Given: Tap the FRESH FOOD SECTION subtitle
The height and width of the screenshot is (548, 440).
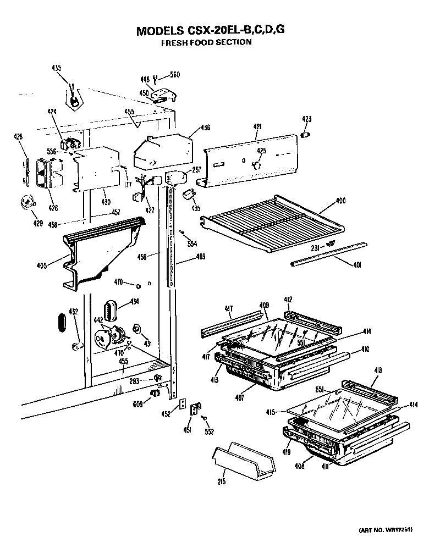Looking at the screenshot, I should coord(206,42).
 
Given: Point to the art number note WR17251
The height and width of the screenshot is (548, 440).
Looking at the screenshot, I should coord(383,530).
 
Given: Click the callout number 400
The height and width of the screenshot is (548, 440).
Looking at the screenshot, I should coord(340,201).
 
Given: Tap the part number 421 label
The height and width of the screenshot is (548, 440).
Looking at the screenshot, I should coord(257,127).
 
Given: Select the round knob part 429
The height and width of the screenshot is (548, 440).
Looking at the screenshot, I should coord(26,202).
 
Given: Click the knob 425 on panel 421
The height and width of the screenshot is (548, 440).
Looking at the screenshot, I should coord(255,164).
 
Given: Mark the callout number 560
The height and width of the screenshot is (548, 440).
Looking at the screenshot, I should coord(174,75).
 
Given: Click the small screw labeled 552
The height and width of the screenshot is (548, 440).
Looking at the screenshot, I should coord(205,419).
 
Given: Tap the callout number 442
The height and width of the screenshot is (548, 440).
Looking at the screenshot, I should coord(99,320).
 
